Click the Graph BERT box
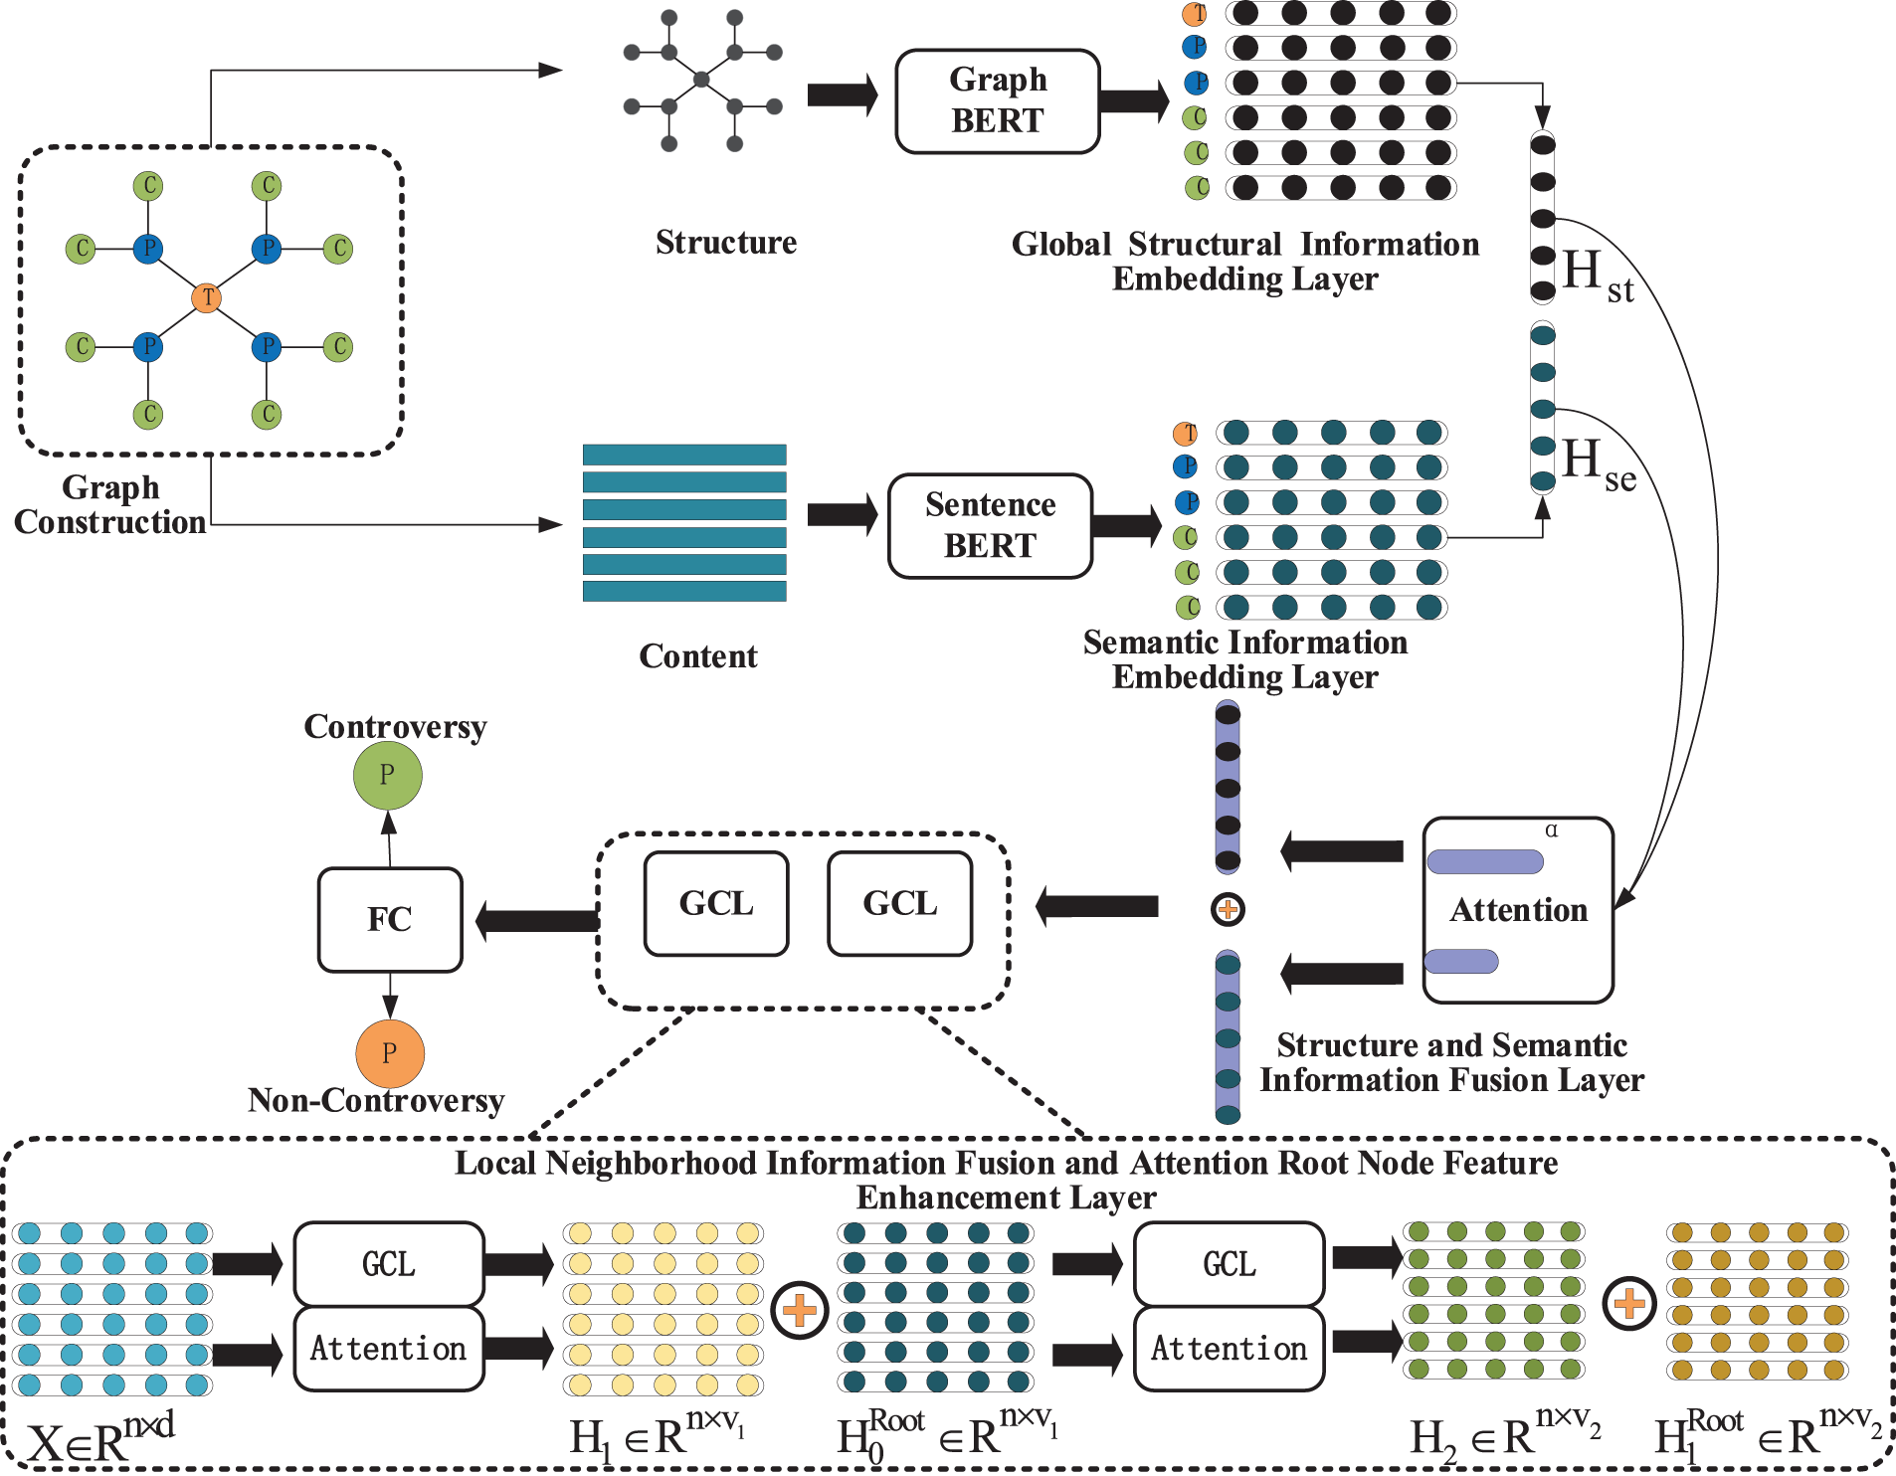tap(997, 100)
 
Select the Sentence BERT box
tap(990, 525)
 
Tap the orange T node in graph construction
tap(207, 297)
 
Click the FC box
tap(390, 919)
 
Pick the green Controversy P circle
tap(388, 776)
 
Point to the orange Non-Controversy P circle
tap(390, 1053)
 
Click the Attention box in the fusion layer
tap(1517, 910)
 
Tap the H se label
tap(1596, 463)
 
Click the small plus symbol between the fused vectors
tap(1228, 909)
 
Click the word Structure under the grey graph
tap(725, 243)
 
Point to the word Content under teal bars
tap(697, 656)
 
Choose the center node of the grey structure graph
tap(701, 80)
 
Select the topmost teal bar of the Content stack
tap(684, 455)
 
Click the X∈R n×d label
tap(99, 1440)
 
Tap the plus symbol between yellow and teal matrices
tap(800, 1310)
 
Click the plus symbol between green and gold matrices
tap(1629, 1303)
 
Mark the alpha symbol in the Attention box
tap(1551, 830)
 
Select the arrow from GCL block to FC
tap(537, 920)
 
